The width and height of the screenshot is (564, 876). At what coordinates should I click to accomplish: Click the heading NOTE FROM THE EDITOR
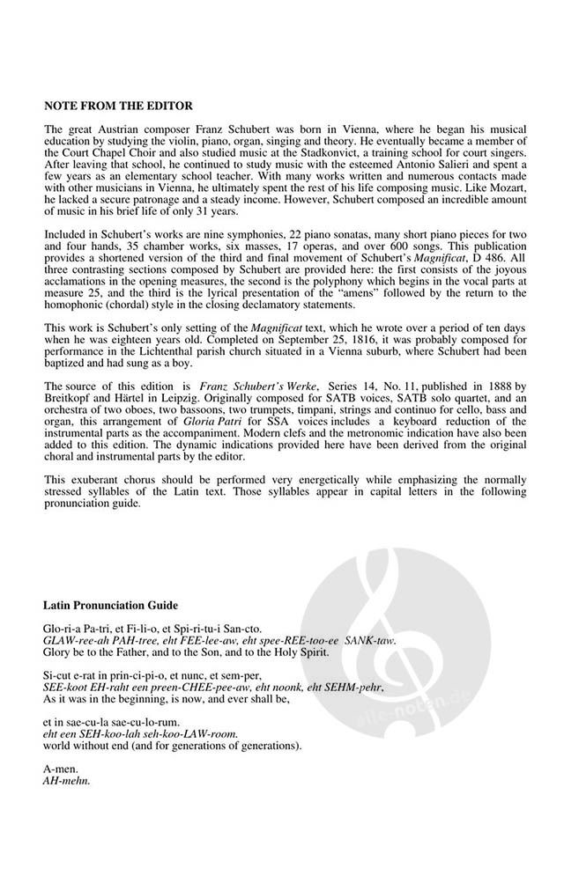tap(118, 107)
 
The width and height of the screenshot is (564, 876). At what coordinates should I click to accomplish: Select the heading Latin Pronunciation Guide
tap(111, 606)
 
